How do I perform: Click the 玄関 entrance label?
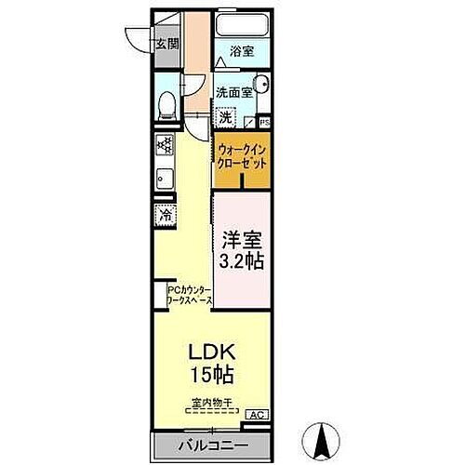tap(167, 42)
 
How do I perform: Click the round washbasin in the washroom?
tap(261, 85)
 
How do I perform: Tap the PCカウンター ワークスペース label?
tap(189, 297)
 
